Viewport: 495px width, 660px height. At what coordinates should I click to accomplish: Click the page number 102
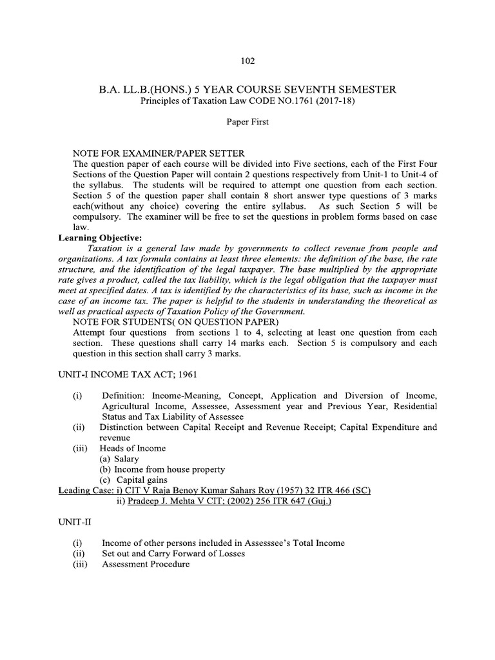247,61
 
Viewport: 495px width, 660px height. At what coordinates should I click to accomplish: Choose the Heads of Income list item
133,448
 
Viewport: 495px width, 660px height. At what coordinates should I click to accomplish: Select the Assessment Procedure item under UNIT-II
146,564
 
